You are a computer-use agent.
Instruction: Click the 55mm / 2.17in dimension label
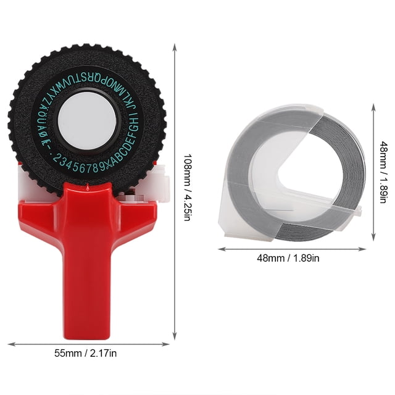[85, 353]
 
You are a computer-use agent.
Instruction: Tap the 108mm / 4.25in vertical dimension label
[187, 188]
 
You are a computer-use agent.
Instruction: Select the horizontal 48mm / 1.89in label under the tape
[288, 258]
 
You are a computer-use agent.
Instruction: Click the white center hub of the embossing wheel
[87, 121]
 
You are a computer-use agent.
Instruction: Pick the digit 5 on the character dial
[81, 168]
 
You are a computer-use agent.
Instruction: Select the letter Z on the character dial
[43, 101]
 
